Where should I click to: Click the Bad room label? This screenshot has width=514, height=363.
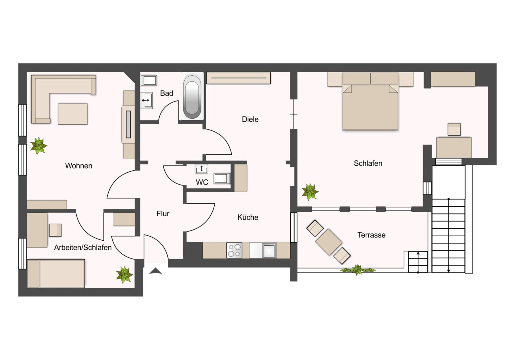(x=167, y=93)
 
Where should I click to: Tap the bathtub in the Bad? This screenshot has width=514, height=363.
(x=192, y=96)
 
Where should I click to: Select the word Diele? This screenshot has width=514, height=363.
(x=250, y=119)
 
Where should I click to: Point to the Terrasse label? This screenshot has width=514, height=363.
(x=371, y=235)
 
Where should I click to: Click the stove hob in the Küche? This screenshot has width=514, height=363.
(x=234, y=250)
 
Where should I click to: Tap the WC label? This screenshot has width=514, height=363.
(x=202, y=182)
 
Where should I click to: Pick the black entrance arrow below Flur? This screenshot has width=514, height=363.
(x=155, y=271)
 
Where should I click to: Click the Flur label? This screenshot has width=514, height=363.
(x=163, y=214)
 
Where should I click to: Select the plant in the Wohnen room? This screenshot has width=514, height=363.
(x=39, y=146)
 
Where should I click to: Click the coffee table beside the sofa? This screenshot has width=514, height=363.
(x=73, y=114)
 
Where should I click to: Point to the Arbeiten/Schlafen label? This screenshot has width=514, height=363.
(x=83, y=248)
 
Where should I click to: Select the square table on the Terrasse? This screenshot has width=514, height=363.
(x=329, y=242)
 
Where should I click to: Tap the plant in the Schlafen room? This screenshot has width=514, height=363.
(x=310, y=192)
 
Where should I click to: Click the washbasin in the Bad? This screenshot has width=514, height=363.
(x=146, y=100)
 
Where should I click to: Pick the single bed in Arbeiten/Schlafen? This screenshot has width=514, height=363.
(x=56, y=273)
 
